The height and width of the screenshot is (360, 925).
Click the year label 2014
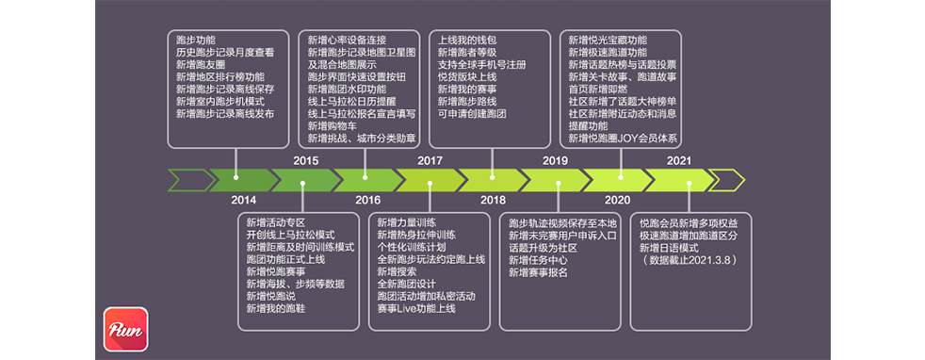click(x=242, y=200)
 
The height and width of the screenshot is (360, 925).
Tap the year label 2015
click(x=305, y=160)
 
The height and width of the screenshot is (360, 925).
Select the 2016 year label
click(x=367, y=200)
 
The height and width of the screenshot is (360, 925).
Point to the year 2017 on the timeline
click(x=430, y=160)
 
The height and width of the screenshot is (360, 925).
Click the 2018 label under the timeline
click(x=493, y=200)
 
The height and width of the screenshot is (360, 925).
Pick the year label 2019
click(x=555, y=160)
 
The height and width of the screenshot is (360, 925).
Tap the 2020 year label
click(x=617, y=200)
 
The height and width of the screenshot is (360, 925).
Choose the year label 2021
click(x=679, y=160)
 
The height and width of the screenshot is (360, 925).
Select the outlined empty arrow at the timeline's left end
click(x=187, y=179)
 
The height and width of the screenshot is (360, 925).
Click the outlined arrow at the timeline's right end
click(x=727, y=179)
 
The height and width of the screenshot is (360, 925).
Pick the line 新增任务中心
click(x=537, y=260)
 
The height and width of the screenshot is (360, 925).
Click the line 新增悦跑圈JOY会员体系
click(x=623, y=138)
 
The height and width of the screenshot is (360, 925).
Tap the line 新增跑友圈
click(x=201, y=65)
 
